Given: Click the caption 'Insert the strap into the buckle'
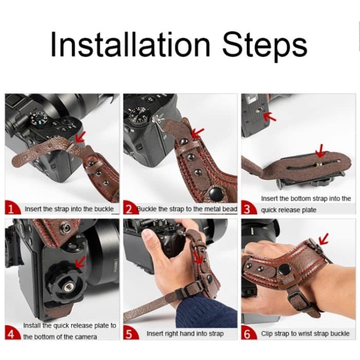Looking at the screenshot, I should point(69,209).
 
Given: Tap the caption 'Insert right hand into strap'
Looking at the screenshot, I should point(185,334).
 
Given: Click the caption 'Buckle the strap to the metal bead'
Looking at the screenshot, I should point(187,209).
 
